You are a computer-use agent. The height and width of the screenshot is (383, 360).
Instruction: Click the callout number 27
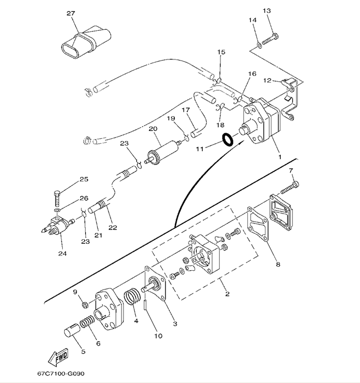tap(70, 13)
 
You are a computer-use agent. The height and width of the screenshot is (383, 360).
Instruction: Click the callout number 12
tap(267, 81)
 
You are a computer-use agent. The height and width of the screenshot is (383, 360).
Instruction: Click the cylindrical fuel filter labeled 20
tap(162, 150)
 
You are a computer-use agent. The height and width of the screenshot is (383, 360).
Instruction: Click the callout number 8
tap(278, 264)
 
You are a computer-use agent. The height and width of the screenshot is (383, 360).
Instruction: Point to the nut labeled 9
tap(84, 304)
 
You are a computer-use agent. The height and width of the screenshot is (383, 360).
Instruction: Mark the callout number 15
tap(221, 52)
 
